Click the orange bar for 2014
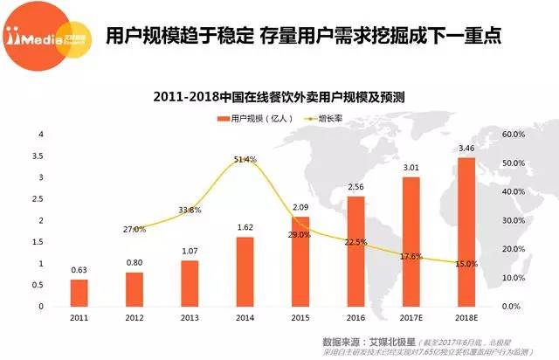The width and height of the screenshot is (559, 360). (x=245, y=272)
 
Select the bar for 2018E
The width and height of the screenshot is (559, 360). (x=466, y=232)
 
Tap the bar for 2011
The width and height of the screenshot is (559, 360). (x=79, y=293)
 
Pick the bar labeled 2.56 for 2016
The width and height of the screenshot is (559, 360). (x=355, y=252)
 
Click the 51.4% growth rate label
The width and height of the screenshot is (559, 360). (x=245, y=160)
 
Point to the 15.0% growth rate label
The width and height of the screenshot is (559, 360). (x=466, y=264)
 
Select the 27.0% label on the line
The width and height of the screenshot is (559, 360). (x=135, y=229)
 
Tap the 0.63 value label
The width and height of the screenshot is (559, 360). (x=79, y=271)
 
